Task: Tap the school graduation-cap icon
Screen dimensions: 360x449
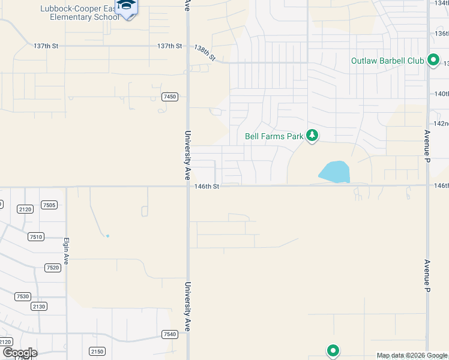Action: (x=126, y=6)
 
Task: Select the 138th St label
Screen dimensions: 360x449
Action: (x=205, y=52)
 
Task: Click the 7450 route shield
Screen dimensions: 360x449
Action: (x=170, y=97)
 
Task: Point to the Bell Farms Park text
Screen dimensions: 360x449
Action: (x=274, y=136)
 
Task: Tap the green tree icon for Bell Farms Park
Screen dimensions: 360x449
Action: (x=312, y=136)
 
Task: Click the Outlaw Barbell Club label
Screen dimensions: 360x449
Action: (x=387, y=61)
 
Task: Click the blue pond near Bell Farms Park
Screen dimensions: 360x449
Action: (x=334, y=172)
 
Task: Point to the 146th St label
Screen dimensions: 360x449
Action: (x=208, y=187)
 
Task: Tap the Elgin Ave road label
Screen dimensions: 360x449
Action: (x=67, y=251)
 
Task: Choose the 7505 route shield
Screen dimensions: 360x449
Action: (x=49, y=205)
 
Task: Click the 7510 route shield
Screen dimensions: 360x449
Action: (x=35, y=237)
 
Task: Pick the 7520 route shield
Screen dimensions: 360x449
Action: (x=53, y=268)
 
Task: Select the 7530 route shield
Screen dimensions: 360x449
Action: (x=23, y=296)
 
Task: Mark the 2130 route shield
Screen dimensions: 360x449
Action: (x=38, y=306)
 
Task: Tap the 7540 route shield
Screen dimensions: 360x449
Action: (x=170, y=334)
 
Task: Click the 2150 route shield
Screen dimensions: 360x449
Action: (x=97, y=351)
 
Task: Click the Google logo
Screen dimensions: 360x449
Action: (x=19, y=353)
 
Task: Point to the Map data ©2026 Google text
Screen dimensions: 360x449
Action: (x=412, y=355)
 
